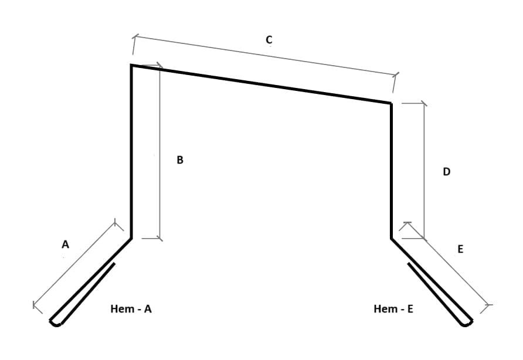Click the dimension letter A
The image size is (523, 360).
(66, 244)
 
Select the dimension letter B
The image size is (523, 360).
(180, 160)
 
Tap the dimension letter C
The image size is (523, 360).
(269, 40)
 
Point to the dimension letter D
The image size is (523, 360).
(446, 171)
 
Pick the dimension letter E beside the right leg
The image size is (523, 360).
(460, 249)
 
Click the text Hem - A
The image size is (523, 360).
(131, 308)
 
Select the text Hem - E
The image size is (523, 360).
(393, 308)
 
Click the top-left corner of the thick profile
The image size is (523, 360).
(131, 66)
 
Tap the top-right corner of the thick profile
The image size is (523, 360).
(391, 103)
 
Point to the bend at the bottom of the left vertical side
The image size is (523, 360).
(131, 238)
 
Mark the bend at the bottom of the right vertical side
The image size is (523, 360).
(391, 238)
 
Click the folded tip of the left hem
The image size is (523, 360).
(55, 323)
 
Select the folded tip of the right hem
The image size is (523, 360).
(466, 323)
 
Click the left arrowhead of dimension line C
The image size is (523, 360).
(134, 36)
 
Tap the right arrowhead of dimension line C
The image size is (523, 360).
(396, 74)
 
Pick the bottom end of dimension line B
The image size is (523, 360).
(160, 239)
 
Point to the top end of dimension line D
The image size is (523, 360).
(424, 103)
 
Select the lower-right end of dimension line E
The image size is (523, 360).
(488, 305)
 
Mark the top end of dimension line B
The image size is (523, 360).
(160, 66)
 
